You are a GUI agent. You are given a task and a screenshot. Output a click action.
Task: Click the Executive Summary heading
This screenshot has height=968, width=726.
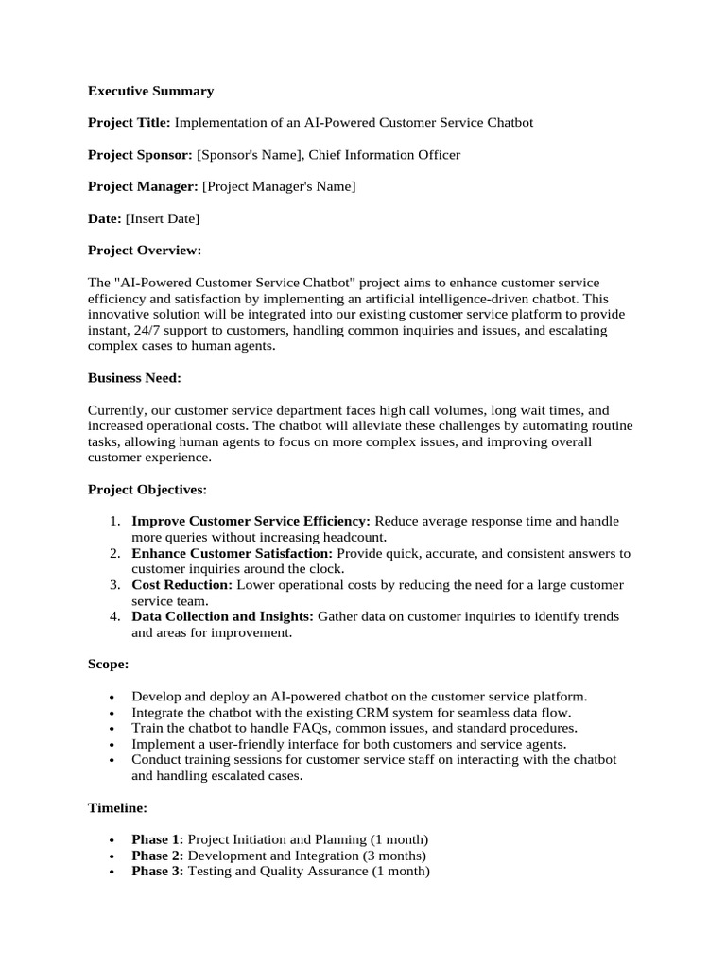pos(150,91)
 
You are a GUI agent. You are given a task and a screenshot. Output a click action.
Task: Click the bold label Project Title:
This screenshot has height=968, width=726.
pos(130,123)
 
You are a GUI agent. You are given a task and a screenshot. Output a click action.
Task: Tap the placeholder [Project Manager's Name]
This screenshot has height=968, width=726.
pos(279,187)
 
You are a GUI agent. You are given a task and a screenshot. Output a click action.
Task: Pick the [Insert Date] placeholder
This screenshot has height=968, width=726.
pos(163,219)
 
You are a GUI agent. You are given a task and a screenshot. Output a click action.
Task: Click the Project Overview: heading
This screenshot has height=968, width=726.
pos(145,251)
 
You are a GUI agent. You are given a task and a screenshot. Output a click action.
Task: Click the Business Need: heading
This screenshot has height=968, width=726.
pos(134,378)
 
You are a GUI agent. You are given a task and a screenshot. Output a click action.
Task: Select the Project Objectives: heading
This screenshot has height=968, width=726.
pos(147,490)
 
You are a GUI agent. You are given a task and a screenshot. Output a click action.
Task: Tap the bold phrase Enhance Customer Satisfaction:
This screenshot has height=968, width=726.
pos(232,554)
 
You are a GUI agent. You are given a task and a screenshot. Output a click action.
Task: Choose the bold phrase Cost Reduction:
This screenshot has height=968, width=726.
pos(181,585)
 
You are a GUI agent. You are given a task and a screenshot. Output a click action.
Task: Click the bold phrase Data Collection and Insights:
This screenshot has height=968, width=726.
pos(222,617)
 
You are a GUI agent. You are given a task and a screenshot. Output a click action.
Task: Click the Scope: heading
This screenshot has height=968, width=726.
pos(109,665)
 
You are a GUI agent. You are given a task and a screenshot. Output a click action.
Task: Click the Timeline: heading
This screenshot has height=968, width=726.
pos(117,808)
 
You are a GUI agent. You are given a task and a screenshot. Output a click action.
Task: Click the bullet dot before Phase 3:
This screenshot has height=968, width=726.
pos(112,873)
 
